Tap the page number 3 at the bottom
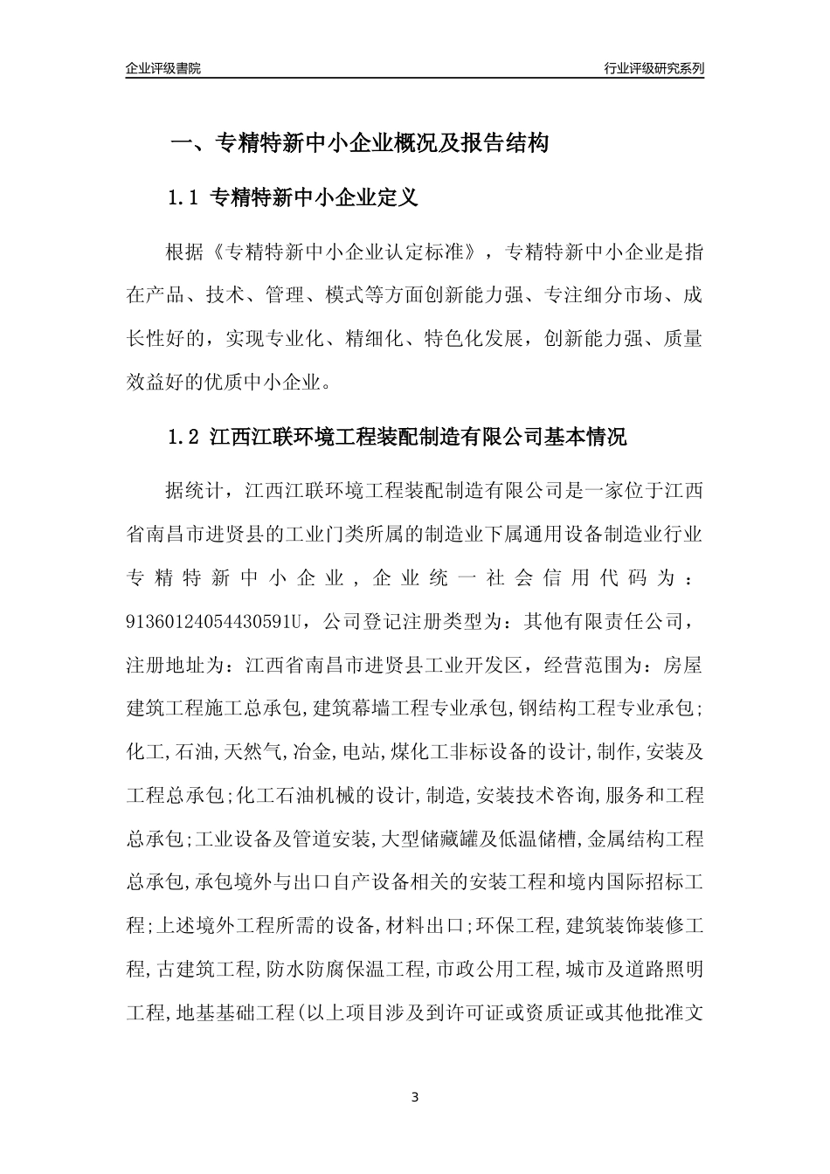pyautogui.click(x=415, y=1097)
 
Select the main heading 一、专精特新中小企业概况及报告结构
pyautogui.click(x=358, y=143)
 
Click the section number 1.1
pyautogui.click(x=184, y=198)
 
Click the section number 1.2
pyautogui.click(x=184, y=438)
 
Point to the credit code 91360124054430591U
pyautogui.click(x=215, y=621)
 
